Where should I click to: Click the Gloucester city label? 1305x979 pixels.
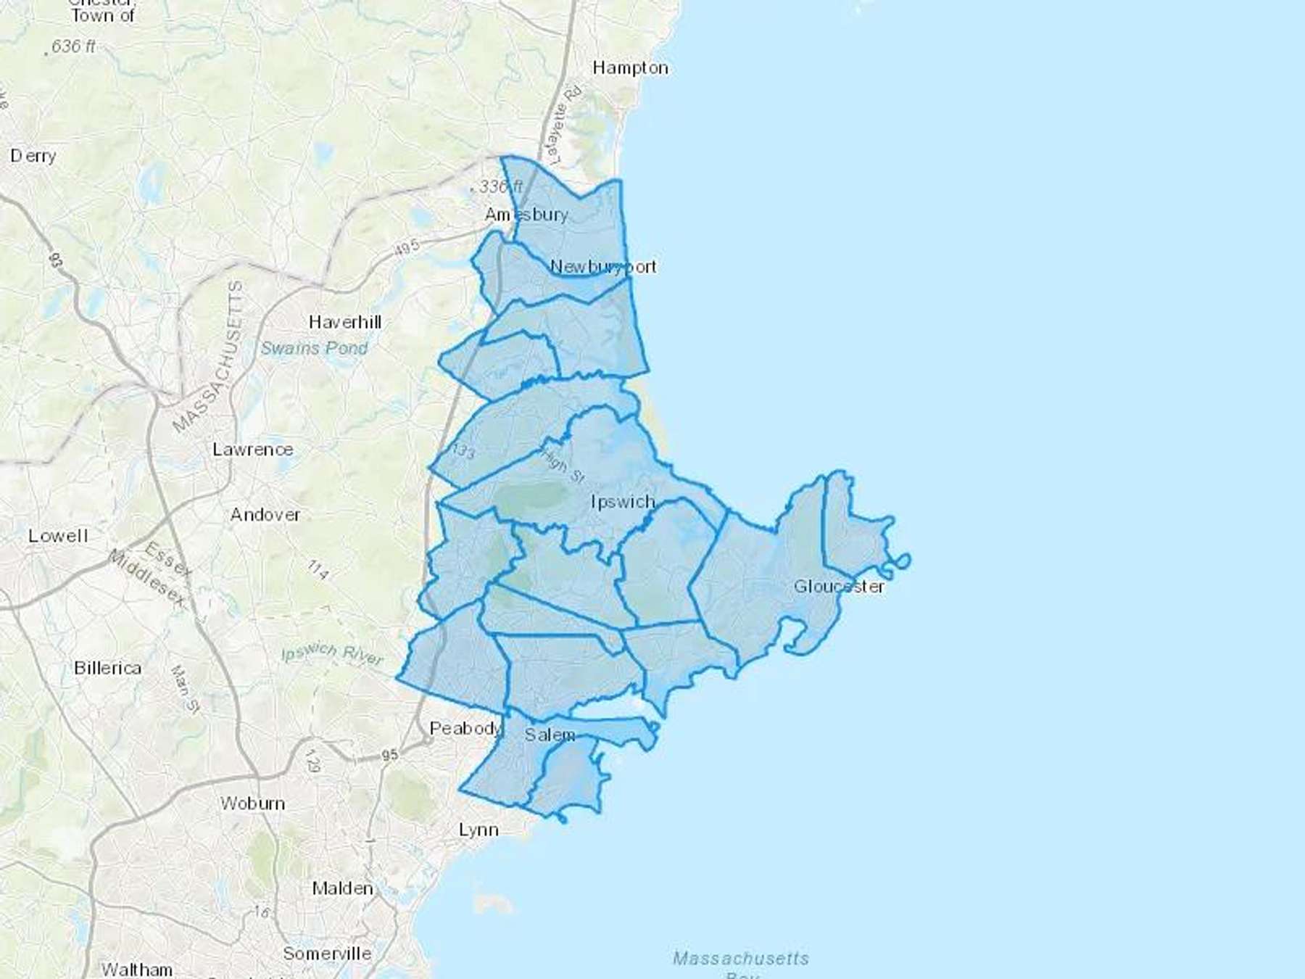click(x=839, y=586)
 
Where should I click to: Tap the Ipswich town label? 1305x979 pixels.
click(x=623, y=502)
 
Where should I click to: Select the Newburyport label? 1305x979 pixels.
click(x=603, y=266)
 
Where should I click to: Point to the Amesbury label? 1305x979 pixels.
click(x=526, y=215)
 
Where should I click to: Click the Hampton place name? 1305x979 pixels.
click(x=630, y=68)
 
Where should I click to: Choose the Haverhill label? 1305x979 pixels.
click(x=345, y=322)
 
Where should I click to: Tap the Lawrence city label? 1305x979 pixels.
click(x=253, y=450)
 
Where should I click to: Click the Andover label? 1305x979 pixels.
click(x=265, y=515)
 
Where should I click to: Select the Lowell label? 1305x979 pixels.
click(x=58, y=536)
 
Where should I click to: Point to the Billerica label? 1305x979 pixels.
click(x=107, y=668)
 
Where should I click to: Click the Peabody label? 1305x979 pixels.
click(x=465, y=728)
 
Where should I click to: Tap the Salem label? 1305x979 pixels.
click(x=550, y=735)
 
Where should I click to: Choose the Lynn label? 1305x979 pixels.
click(x=478, y=830)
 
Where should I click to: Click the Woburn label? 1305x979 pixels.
click(x=253, y=804)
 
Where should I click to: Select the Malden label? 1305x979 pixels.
click(x=343, y=888)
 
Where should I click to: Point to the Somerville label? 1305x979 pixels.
click(x=327, y=954)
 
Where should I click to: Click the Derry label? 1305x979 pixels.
click(x=33, y=156)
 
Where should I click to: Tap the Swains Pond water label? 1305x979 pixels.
click(x=314, y=348)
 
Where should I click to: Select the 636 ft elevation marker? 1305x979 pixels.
click(x=73, y=46)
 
